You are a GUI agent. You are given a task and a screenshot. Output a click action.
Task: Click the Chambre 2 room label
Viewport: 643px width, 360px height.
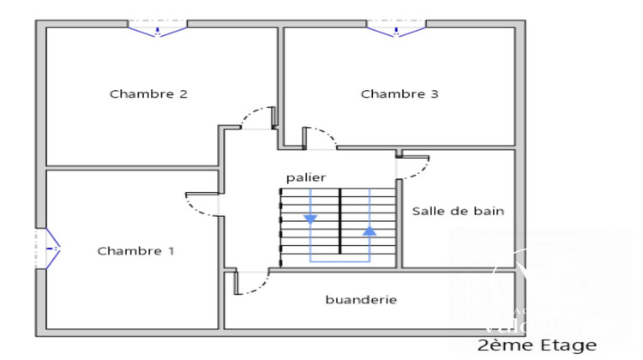pos(148,94)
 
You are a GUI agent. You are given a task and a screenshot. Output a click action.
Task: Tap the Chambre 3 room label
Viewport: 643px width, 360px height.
pos(400,94)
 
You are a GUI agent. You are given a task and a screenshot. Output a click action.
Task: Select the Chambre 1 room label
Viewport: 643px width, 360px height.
pos(135,251)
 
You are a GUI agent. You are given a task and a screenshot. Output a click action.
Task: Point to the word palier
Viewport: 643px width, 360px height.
pos(306,177)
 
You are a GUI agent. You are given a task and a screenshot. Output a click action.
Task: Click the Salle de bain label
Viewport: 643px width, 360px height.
pos(458,211)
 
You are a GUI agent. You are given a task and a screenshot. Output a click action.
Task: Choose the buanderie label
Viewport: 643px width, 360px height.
pos(361,300)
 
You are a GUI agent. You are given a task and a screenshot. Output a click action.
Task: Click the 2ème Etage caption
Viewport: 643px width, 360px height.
pos(537,345)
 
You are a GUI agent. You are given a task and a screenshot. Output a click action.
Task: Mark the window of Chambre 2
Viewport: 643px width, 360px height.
pos(158,29)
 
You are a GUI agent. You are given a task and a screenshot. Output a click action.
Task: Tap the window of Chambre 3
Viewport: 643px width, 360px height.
pos(396,29)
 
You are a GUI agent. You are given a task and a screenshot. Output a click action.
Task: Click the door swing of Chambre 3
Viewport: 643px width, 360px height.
pos(321,137)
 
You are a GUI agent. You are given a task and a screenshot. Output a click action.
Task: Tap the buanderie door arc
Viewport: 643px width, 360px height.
pos(249,284)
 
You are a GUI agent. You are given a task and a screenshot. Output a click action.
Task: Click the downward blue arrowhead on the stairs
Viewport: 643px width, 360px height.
pos(310,219)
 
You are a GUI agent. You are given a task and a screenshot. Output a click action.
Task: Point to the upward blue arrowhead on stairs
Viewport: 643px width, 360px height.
pos(370,231)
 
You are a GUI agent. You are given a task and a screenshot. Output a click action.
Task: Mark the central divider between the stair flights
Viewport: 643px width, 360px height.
pos(340,221)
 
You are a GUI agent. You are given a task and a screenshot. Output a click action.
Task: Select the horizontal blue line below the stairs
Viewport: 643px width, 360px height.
pos(340,260)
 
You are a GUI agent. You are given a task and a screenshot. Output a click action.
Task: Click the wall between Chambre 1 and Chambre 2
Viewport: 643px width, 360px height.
pos(129,167)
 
